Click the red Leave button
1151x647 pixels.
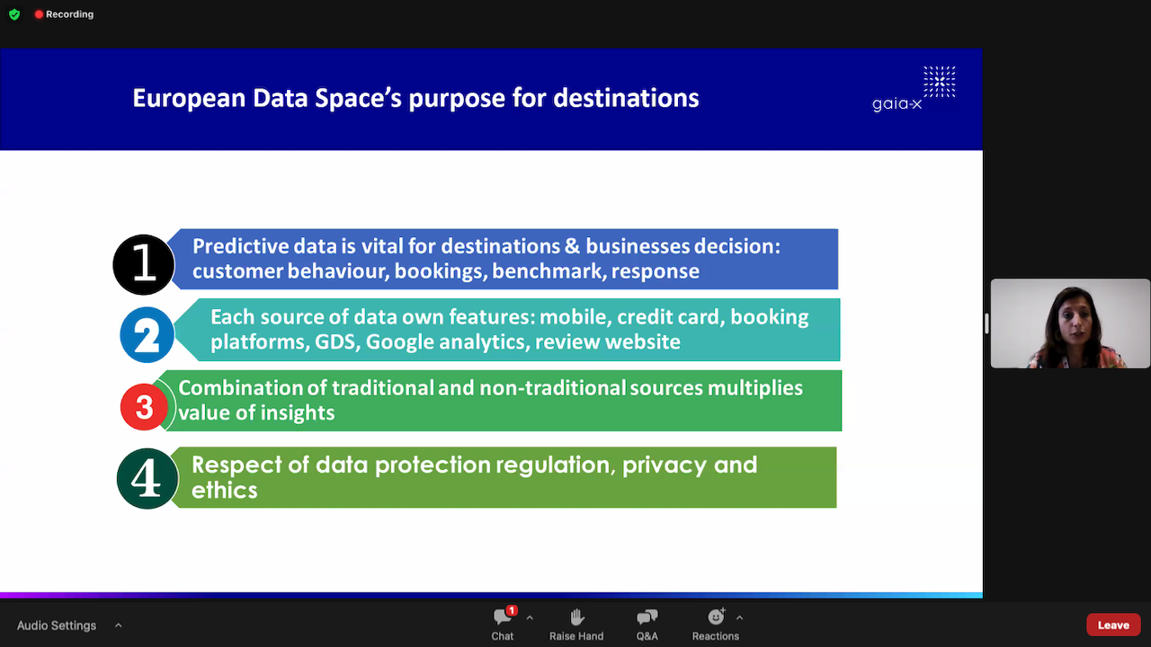coord(1113,625)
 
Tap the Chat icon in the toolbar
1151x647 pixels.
coord(502,617)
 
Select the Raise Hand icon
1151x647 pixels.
coord(576,617)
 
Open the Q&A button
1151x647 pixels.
coord(647,617)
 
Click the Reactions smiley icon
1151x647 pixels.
coord(716,616)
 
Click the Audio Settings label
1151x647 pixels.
coord(57,625)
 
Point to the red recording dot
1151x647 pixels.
coord(39,14)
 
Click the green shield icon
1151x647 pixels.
coord(14,14)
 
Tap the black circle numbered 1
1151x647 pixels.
coord(144,264)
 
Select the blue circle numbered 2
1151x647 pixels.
coord(147,335)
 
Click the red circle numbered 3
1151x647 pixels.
coord(144,407)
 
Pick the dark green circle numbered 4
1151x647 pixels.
coord(147,479)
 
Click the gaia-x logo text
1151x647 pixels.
coord(897,104)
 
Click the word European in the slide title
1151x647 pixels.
coord(189,99)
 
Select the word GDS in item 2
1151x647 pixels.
coord(335,342)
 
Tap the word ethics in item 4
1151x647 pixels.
coord(225,490)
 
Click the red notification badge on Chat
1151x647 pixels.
coord(512,610)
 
